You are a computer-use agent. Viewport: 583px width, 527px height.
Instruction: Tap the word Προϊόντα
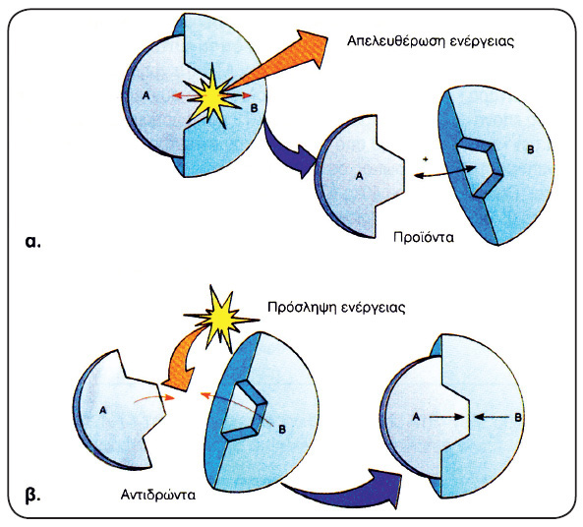click(x=424, y=237)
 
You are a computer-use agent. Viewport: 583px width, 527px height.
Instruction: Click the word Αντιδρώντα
click(x=158, y=495)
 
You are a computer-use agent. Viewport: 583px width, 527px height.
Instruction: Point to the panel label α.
click(x=32, y=242)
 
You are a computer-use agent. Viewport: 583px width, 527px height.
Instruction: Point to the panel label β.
click(x=32, y=497)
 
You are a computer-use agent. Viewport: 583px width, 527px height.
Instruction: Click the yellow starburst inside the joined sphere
click(x=212, y=96)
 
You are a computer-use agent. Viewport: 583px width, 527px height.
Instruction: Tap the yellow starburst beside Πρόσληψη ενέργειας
click(x=221, y=318)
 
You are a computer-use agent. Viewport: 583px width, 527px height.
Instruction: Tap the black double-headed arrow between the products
click(x=444, y=172)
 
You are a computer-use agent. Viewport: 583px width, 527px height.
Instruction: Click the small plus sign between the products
click(x=426, y=159)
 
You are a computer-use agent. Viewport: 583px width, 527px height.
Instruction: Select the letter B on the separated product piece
click(x=531, y=149)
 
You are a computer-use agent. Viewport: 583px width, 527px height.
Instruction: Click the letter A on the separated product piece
click(x=359, y=176)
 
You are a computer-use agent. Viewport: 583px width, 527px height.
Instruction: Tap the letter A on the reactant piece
click(x=103, y=411)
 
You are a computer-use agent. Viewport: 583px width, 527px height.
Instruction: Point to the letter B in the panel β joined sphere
click(x=517, y=418)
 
